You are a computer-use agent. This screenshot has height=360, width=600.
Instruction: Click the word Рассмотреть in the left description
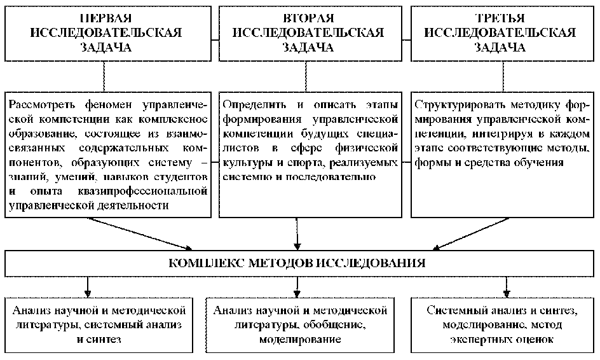(x=39, y=103)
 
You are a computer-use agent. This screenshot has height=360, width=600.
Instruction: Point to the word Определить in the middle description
(x=250, y=103)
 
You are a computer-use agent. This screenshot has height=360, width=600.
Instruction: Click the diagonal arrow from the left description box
(x=140, y=232)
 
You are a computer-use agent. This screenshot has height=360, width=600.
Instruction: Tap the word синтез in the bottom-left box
(x=108, y=340)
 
